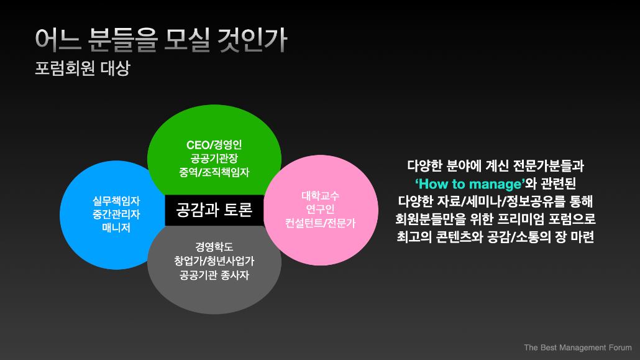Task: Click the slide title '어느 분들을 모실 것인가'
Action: tap(161, 40)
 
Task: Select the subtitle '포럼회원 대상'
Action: tap(83, 68)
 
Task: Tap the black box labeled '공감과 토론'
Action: tap(214, 210)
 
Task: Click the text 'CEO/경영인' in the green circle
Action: tap(214, 145)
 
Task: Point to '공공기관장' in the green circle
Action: tap(214, 158)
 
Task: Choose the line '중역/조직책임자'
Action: tap(214, 172)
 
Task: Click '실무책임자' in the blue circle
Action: tap(116, 201)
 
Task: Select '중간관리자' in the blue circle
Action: tap(116, 214)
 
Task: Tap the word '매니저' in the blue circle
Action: tap(116, 228)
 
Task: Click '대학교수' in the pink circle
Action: tap(321, 196)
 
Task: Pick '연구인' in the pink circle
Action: tap(321, 209)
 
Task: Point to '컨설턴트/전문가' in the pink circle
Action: tap(321, 223)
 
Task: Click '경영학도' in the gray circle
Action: tap(214, 247)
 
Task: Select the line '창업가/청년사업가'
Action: tap(214, 261)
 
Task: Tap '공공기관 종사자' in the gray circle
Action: tap(214, 275)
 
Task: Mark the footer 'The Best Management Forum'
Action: tap(577, 348)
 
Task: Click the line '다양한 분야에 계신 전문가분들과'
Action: tap(495, 166)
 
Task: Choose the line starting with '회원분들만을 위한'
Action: tap(495, 219)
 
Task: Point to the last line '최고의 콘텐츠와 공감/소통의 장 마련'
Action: tap(495, 237)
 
